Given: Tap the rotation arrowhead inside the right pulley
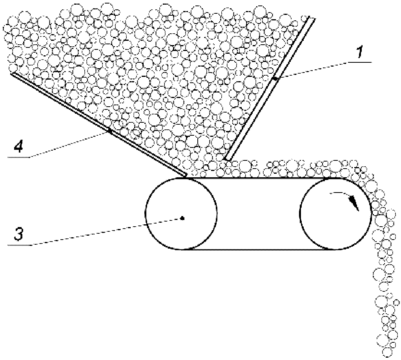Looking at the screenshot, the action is [355, 203].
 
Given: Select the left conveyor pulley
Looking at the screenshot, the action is [181, 213].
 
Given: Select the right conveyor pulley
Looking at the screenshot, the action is [335, 213].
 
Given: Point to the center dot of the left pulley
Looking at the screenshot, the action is [182, 218].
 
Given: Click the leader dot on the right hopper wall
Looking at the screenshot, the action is [275, 79].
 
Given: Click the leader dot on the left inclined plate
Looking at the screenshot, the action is [110, 131].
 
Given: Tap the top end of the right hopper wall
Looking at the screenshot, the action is [312, 17].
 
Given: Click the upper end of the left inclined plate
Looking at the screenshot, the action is [13, 74].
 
